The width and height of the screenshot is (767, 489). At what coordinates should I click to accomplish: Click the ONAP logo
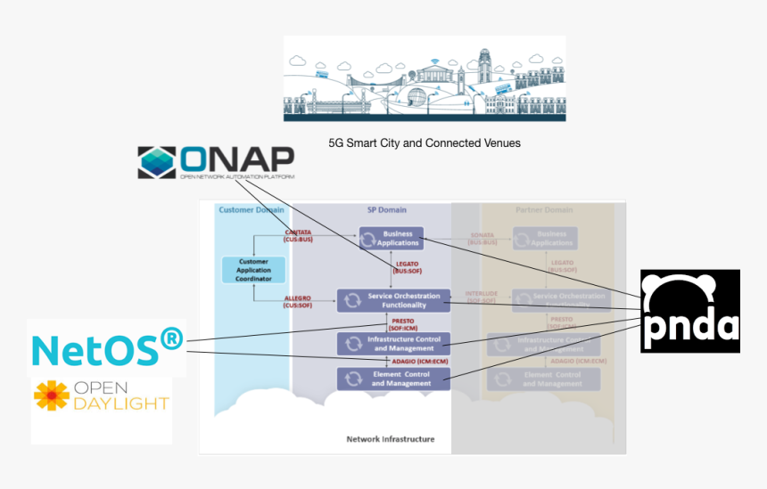pos(217,162)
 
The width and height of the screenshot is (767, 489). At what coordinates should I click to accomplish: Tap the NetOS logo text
pos(107,349)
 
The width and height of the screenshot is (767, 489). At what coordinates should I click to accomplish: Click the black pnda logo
pos(689,311)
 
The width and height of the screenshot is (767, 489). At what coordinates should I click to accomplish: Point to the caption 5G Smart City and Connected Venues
pos(425,143)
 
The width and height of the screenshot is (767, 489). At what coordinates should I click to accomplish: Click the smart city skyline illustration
pos(425,79)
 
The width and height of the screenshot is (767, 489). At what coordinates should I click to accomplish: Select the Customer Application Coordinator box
pos(253,270)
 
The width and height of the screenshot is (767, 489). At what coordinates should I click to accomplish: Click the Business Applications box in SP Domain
pos(391,238)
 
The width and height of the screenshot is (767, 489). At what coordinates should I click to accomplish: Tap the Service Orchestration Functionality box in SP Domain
pos(392,300)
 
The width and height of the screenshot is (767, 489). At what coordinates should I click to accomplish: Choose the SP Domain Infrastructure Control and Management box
pos(393,343)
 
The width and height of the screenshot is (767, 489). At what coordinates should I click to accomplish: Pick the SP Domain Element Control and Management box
pos(393,379)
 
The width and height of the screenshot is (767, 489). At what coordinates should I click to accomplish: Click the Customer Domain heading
pos(251,210)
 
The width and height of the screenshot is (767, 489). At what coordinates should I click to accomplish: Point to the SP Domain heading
pos(386,210)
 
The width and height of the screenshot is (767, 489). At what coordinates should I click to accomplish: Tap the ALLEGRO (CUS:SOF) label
pos(297,301)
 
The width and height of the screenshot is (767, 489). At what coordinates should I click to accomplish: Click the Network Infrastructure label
pos(390,439)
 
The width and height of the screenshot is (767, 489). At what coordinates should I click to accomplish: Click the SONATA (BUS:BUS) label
pos(482,238)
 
